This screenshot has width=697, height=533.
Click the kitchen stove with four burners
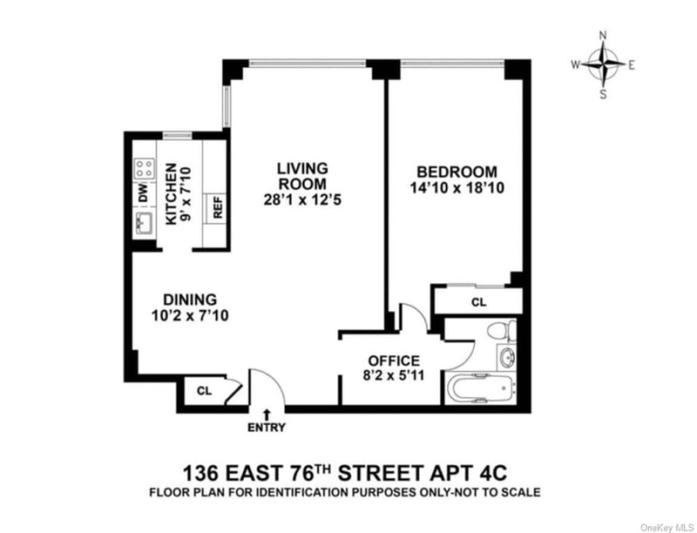pos(145,168)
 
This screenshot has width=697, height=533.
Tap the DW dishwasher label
pos(143,192)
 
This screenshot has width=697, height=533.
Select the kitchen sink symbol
pos(145,223)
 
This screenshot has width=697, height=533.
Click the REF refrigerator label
pos(217,206)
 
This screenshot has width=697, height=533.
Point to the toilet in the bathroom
pos(502,330)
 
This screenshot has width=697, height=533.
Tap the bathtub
pos(482,388)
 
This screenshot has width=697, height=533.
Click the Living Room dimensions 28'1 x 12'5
pos(302,200)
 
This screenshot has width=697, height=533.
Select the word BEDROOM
pos(457,172)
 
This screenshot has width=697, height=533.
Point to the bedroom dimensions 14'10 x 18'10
pos(457,188)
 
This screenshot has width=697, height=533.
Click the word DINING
pos(190,300)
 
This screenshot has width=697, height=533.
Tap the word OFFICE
pos(394,361)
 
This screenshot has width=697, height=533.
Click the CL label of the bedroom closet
pos(478,302)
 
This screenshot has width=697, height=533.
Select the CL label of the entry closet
pos(205,391)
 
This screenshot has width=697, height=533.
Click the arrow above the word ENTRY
pos(267,415)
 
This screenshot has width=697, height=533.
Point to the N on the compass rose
pos(603,36)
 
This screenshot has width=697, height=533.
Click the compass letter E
pos(631,65)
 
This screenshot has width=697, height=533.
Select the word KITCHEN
pos(171,194)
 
